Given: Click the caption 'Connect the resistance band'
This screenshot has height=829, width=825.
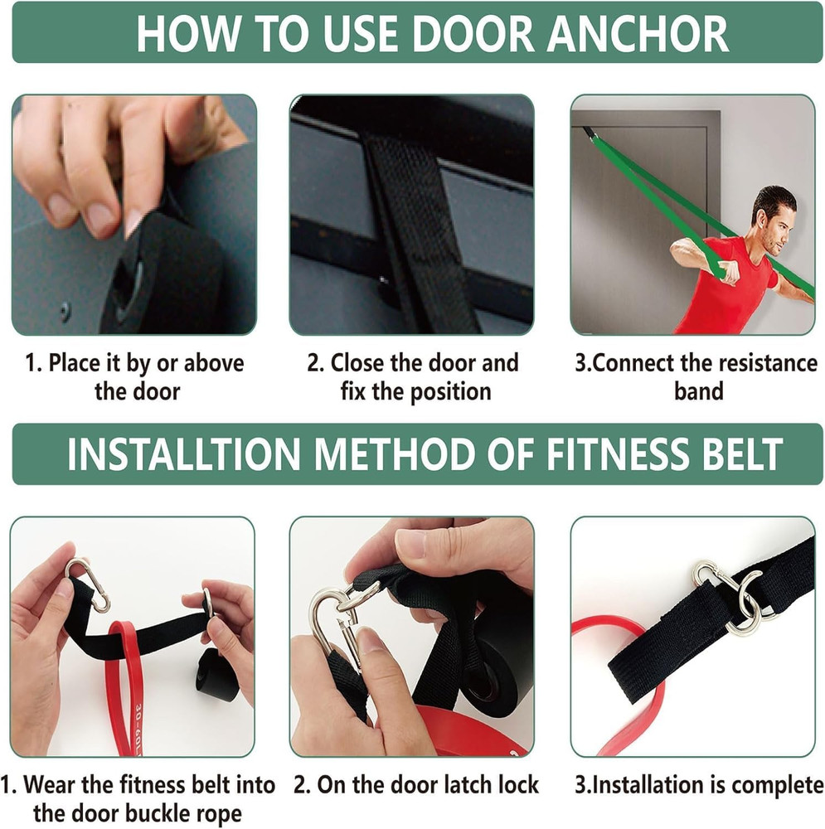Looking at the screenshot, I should point(696,376).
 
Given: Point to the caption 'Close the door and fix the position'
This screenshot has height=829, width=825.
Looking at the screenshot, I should point(414,376).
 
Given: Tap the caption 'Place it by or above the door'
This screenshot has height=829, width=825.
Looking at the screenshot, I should point(134,376).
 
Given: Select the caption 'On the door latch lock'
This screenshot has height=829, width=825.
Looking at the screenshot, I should point(416,784).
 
